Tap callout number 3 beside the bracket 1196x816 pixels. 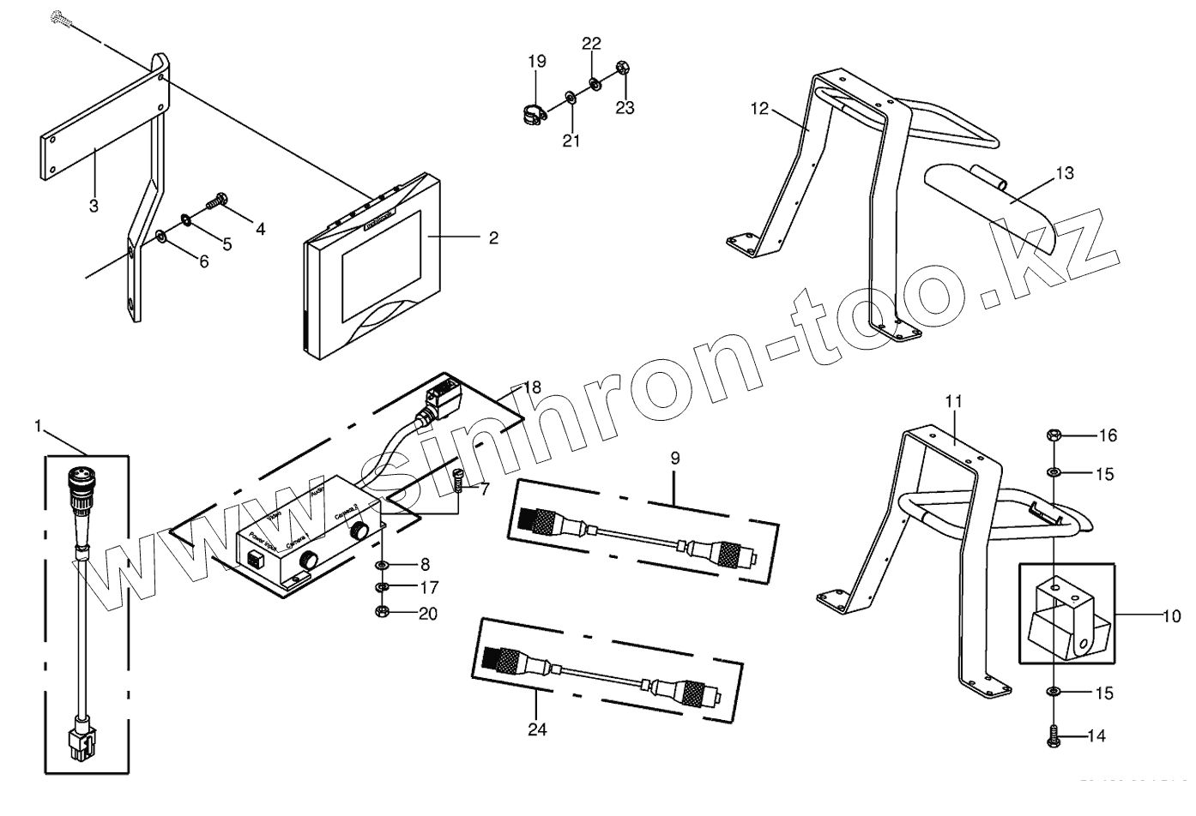click(x=94, y=207)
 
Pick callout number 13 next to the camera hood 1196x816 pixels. click(x=1064, y=174)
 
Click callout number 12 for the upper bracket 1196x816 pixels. click(x=758, y=109)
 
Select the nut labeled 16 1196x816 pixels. click(x=1054, y=435)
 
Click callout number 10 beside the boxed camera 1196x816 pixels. click(x=1172, y=615)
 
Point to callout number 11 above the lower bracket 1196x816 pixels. click(x=954, y=401)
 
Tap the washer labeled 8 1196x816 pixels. click(x=384, y=566)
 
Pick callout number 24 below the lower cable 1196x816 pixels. click(x=537, y=729)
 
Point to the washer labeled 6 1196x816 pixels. click(x=162, y=236)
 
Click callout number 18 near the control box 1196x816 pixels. click(x=532, y=387)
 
